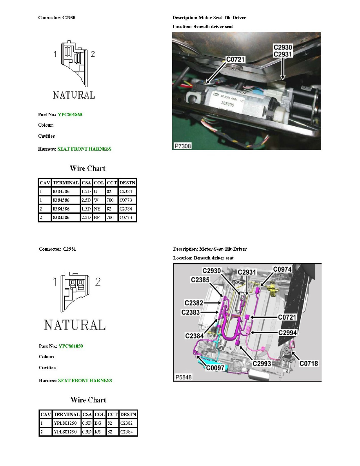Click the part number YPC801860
click(x=70, y=115)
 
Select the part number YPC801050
click(x=71, y=346)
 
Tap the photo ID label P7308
click(x=183, y=146)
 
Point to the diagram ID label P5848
click(x=183, y=377)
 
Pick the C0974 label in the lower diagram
click(x=282, y=269)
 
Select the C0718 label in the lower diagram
click(x=309, y=364)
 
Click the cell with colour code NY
click(x=99, y=209)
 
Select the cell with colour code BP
click(x=99, y=217)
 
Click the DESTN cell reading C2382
click(x=128, y=423)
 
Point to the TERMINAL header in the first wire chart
click(x=65, y=183)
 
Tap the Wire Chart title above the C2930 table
click(x=87, y=168)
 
